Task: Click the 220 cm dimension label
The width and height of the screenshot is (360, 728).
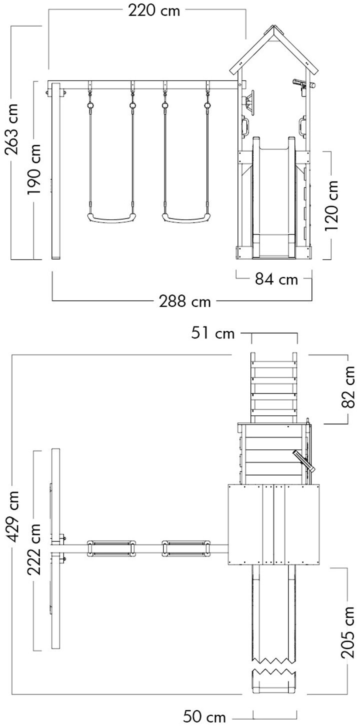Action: (153, 11)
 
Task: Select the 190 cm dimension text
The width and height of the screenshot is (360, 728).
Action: (34, 169)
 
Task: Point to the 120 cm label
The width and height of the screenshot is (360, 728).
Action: (332, 205)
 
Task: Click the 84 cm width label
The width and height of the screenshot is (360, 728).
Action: (276, 279)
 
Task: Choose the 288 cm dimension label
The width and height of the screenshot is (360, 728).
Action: (184, 301)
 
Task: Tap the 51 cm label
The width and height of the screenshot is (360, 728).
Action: (213, 333)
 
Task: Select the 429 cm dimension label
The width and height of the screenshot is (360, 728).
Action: (12, 516)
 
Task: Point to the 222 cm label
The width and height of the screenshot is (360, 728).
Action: (34, 549)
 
